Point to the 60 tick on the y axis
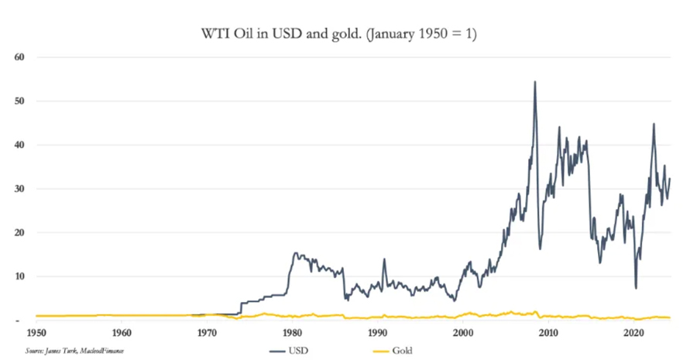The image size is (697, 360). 20,57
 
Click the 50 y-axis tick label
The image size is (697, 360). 20,101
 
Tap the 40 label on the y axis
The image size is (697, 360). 20,145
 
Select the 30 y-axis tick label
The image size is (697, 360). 20,189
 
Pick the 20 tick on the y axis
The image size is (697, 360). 20,233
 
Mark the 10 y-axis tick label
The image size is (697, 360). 20,276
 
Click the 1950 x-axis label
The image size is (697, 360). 35,334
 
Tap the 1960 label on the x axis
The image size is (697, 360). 121,334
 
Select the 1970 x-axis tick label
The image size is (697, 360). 207,334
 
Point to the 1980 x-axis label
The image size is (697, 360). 292,334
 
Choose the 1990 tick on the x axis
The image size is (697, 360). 378,334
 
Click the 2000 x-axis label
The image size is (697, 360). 463,334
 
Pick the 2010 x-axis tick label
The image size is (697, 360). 549,334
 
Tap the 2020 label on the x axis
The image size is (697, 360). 634,334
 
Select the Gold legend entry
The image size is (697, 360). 401,351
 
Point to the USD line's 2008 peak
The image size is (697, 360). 534,81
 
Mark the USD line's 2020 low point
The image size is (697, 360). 636,288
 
